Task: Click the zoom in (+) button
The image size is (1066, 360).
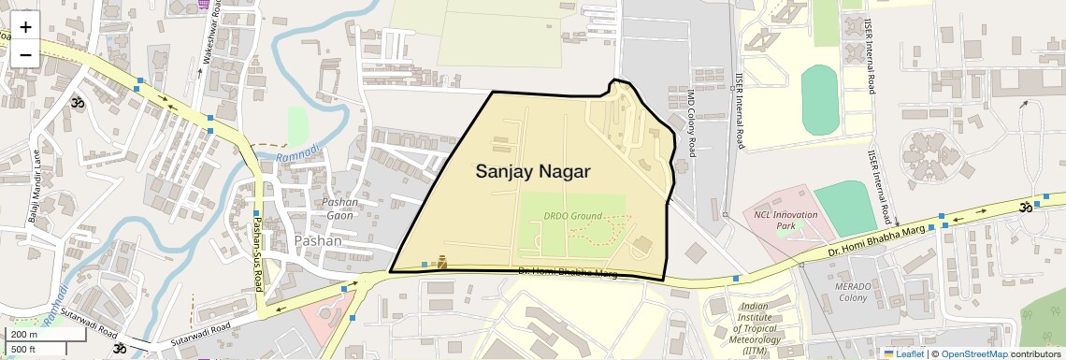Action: point(25,26)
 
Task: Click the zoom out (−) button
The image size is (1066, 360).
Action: point(25,54)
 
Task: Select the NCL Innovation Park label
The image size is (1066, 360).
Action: point(785,221)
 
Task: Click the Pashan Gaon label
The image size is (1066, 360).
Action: point(339,209)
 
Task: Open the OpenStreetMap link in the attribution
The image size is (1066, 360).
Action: point(973,353)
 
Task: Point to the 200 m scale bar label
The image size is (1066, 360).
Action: point(23,334)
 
